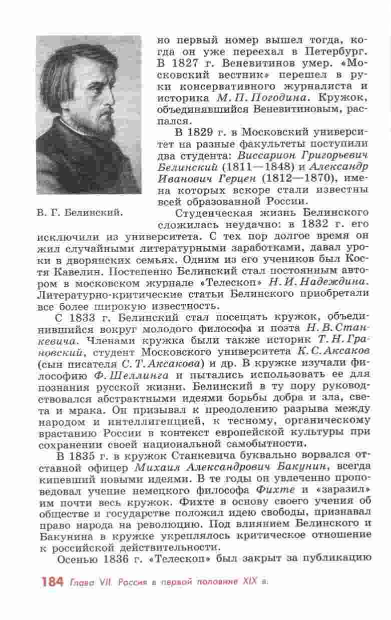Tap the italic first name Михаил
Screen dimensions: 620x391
(155, 466)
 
